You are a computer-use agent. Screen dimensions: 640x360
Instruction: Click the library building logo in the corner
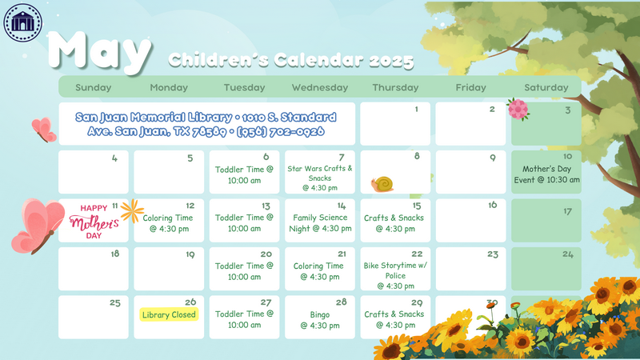[23, 22]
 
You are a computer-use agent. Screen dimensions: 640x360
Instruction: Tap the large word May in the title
[100, 52]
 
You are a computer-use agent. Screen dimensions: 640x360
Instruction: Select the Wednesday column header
[319, 87]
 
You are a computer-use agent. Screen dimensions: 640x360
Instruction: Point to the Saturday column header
[546, 87]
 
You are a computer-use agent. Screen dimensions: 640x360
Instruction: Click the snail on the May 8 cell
[382, 184]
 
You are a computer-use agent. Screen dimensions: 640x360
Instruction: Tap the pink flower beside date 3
[518, 109]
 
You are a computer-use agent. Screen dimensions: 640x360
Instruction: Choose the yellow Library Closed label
[169, 314]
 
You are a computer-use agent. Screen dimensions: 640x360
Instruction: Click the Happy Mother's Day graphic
[94, 222]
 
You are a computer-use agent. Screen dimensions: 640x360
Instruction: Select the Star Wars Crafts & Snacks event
[319, 178]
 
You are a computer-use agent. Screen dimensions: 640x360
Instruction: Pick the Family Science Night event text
[320, 223]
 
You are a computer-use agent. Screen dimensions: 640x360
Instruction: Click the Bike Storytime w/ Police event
[395, 275]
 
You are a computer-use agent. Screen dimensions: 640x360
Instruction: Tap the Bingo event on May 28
[320, 320]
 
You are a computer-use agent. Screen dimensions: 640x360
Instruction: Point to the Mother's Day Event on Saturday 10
[546, 174]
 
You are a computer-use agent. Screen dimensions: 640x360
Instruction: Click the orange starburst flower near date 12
[132, 211]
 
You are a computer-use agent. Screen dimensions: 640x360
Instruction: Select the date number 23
[493, 254]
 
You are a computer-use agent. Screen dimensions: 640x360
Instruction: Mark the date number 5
[190, 158]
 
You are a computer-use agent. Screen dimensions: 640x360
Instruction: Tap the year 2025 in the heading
[391, 61]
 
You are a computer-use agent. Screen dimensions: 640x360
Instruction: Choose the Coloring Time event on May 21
[318, 271]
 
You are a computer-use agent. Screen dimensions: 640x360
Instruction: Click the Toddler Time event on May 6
[244, 174]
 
